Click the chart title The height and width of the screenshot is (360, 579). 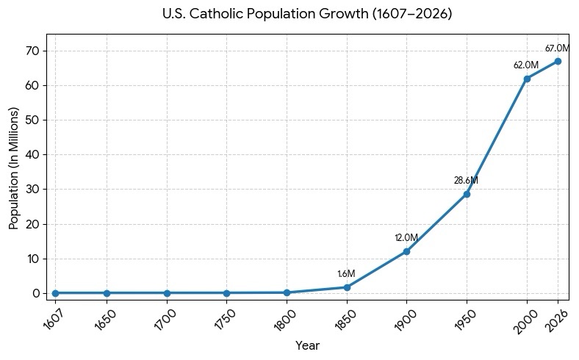tap(307, 14)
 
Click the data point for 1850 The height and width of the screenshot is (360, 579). tap(347, 287)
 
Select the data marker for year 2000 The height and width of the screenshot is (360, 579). tap(527, 79)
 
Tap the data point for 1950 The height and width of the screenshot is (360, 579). tap(467, 194)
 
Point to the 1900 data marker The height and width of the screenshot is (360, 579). tap(406, 251)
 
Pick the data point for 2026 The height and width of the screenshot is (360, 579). tap(558, 61)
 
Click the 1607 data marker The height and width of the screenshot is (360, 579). tap(55, 293)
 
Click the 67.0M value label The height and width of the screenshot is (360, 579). tap(558, 48)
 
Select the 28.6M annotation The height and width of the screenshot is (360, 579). tap(466, 181)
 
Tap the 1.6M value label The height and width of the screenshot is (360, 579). tap(346, 273)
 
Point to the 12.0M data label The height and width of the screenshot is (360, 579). tap(406, 238)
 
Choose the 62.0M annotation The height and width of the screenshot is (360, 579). tap(526, 65)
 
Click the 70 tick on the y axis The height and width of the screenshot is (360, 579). tap(32, 51)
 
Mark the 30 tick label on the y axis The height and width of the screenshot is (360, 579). tap(32, 190)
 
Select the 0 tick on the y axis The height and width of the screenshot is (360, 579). tap(36, 294)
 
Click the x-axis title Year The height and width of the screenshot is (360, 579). tap(307, 345)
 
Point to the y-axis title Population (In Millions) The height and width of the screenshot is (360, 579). tap(14, 168)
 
